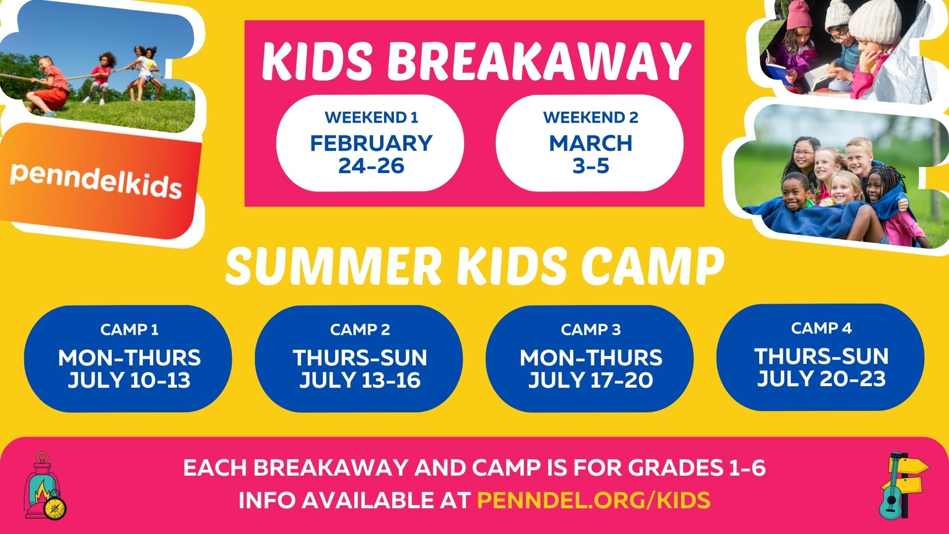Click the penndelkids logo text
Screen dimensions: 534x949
pos(96,180)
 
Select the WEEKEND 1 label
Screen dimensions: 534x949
pos(371,118)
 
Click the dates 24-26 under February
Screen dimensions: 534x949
pos(371,166)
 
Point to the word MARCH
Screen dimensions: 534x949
pos(591,143)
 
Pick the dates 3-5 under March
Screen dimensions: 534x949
pos(591,166)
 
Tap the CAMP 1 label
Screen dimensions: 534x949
pos(129,330)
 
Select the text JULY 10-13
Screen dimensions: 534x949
pos(129,380)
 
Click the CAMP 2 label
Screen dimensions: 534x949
pos(360,330)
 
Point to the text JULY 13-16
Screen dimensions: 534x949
pos(360,380)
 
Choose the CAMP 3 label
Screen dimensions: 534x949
pos(591,330)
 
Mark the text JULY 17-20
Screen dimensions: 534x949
pos(591,380)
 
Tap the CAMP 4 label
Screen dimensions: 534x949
pos(821,328)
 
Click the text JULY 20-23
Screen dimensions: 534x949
pos(821,379)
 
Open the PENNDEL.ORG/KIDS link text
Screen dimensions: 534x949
pos(594,500)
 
